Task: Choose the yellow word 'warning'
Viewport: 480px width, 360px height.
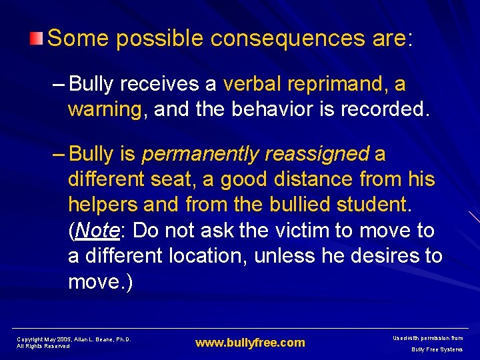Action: [105, 109]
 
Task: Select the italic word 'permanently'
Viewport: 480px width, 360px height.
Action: [200, 154]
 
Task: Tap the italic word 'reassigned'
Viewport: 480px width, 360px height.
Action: [317, 154]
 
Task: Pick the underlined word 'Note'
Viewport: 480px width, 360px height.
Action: [97, 231]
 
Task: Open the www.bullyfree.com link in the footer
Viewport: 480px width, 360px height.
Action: [250, 343]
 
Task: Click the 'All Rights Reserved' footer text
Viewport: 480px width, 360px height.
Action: [43, 347]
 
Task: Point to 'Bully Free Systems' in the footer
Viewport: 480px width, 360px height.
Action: [437, 349]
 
